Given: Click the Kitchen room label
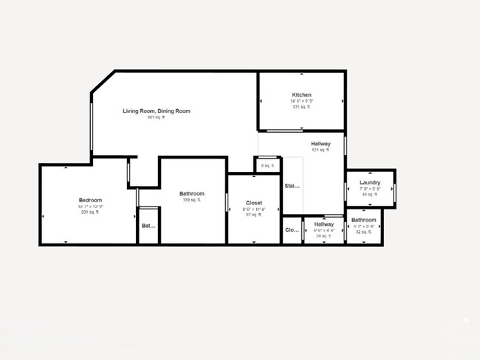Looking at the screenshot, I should (301, 95).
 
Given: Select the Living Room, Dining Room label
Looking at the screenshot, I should (157, 111).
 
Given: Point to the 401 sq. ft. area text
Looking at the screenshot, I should (157, 117).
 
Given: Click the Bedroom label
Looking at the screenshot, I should (90, 200).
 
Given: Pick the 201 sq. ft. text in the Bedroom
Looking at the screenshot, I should (90, 212).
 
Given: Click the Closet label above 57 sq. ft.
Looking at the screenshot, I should (254, 202).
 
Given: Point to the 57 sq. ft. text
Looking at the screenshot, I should (254, 215).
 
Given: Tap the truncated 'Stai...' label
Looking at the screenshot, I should (292, 186).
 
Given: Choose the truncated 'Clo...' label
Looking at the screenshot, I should (292, 230).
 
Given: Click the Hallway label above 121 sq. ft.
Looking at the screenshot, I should (320, 144).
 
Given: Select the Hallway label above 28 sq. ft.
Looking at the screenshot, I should (323, 224).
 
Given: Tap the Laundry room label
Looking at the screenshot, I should (370, 182).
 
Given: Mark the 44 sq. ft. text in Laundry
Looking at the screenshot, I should (370, 195).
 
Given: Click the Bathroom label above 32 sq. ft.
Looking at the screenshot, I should (363, 220).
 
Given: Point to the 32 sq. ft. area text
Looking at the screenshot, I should (363, 232).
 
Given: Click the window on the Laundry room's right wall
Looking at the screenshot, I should (394, 192).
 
